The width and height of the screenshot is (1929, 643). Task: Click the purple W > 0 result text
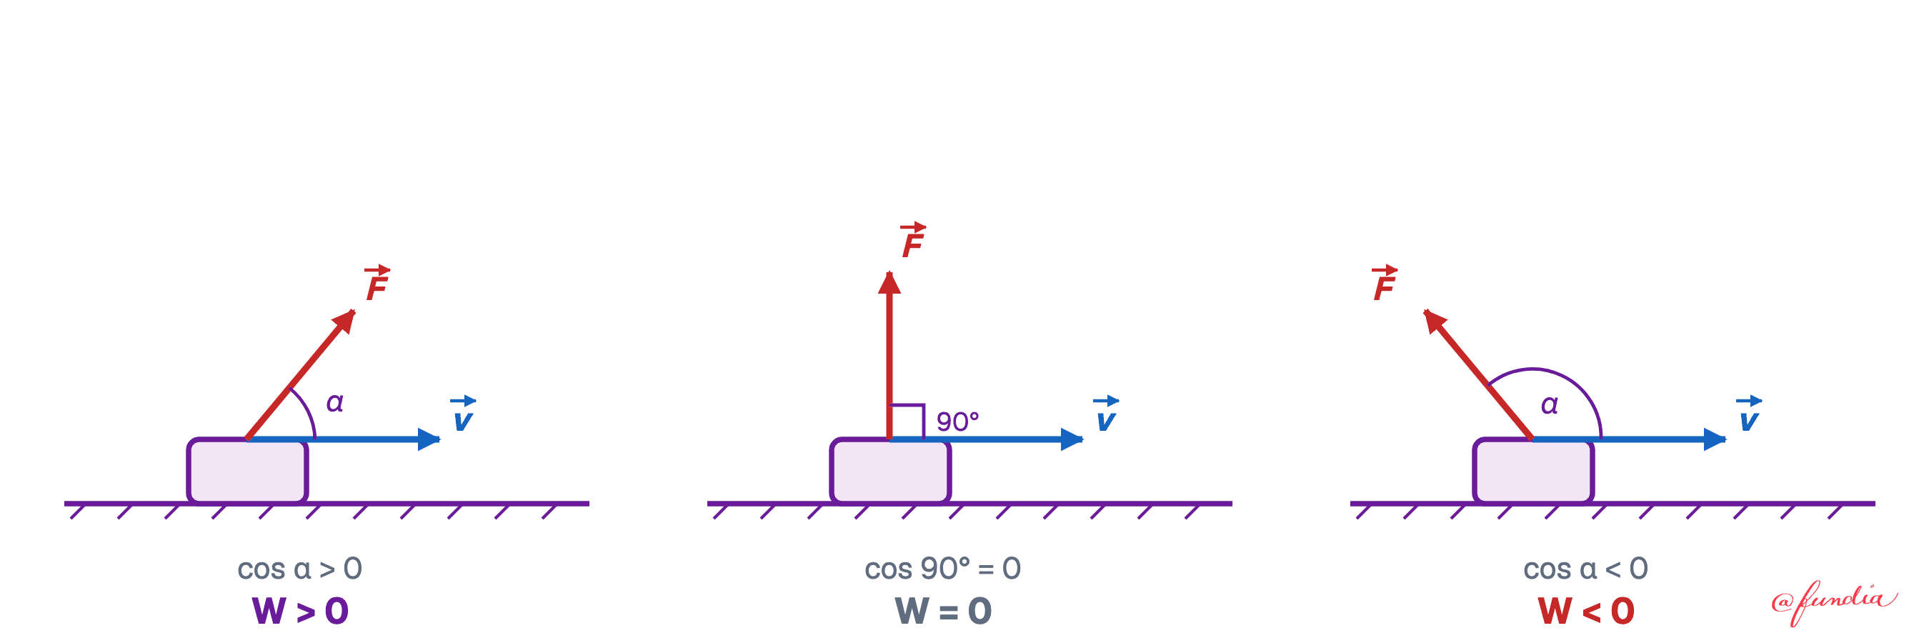(x=300, y=611)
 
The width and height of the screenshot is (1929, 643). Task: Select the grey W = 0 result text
(x=944, y=611)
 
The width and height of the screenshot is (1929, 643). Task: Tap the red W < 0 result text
(x=1586, y=611)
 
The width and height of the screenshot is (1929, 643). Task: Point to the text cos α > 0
(x=299, y=569)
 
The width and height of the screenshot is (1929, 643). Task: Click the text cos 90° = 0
(x=943, y=569)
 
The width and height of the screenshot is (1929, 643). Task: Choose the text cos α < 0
(x=1586, y=569)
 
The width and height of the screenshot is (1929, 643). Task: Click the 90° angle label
(x=958, y=422)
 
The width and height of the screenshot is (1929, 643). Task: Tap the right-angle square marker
(x=907, y=422)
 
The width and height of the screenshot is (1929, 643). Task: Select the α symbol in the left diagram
(x=335, y=403)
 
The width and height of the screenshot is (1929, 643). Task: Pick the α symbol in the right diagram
(x=1550, y=405)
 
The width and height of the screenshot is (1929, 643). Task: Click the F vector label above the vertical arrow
(x=913, y=240)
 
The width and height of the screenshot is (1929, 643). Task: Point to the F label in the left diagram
(x=377, y=282)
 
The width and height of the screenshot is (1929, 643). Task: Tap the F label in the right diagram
(x=1384, y=282)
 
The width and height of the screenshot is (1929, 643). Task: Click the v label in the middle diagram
(x=1106, y=413)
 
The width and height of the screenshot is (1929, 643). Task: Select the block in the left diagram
(x=247, y=471)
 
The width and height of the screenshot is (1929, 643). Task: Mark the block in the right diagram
(x=1534, y=471)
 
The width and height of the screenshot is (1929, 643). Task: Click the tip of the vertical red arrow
(x=889, y=271)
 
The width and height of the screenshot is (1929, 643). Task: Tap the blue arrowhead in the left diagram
(x=429, y=439)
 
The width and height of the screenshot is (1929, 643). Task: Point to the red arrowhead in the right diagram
(x=1433, y=320)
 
